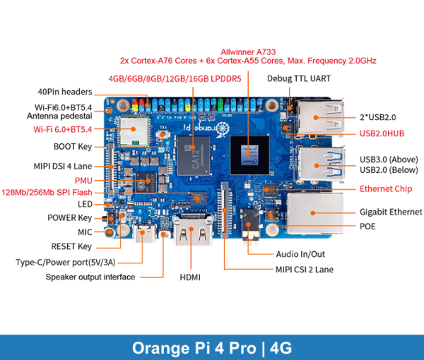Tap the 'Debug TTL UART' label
point(299,78)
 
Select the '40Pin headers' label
point(65,92)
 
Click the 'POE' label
point(367,227)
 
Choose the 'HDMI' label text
point(189,277)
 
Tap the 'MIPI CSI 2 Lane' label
point(305,269)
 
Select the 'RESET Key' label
point(71,246)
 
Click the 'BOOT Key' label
point(73,147)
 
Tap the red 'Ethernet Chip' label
point(385,188)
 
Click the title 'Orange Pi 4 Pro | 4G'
point(212,347)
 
